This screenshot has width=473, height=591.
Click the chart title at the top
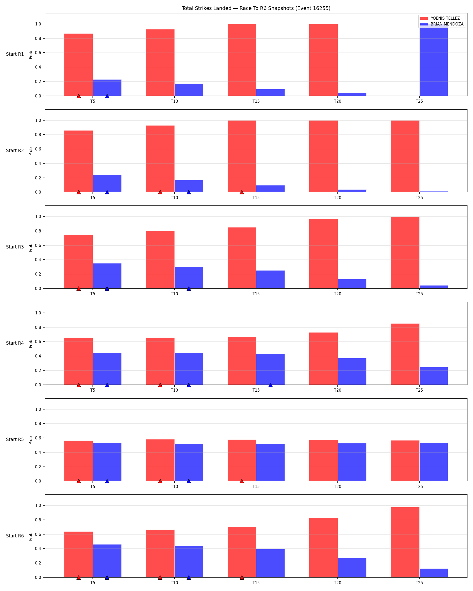pos(256,8)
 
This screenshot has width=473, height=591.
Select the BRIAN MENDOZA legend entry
pos(441,24)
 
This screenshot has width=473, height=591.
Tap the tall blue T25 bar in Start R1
pos(434,60)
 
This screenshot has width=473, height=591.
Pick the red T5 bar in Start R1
pos(78,65)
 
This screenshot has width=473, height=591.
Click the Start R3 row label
pos(15,247)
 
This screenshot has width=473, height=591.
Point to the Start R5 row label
pos(15,439)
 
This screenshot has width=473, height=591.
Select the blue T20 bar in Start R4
pos(352,371)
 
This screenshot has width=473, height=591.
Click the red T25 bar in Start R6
pos(405,542)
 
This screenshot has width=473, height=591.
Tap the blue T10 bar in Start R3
pos(189,278)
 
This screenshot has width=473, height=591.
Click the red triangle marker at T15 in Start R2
pos(241,192)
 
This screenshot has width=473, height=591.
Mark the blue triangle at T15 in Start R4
pos(270,385)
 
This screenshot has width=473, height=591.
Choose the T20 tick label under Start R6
pos(338,583)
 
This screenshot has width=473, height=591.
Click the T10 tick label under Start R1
pos(174,101)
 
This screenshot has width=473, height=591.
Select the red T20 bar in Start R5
pos(323,460)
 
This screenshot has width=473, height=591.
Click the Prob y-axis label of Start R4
pos(31,344)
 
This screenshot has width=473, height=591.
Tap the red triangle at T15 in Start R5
pos(241,481)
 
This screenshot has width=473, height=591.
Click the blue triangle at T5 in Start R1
pos(107,96)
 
